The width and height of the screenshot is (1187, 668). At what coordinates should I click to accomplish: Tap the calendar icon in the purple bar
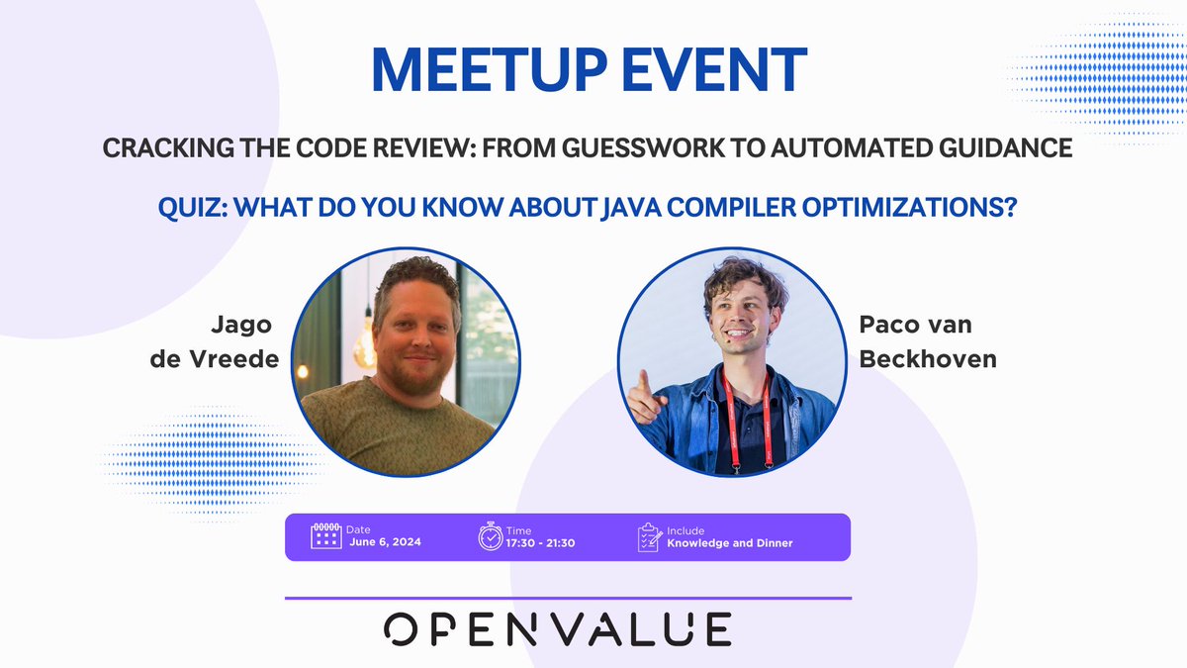[x=325, y=536]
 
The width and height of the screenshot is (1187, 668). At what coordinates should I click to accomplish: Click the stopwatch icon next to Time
[x=491, y=536]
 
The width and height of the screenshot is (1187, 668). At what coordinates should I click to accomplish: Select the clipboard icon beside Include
[x=649, y=536]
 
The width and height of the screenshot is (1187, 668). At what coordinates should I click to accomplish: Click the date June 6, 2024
[x=385, y=542]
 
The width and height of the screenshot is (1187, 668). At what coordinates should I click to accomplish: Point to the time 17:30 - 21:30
[x=540, y=542]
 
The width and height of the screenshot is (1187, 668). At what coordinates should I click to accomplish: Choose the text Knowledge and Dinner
[x=729, y=542]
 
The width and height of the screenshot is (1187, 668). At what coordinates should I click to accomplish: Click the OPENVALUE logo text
[x=558, y=629]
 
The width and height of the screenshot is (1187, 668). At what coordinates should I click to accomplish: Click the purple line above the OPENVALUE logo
[x=568, y=598]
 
